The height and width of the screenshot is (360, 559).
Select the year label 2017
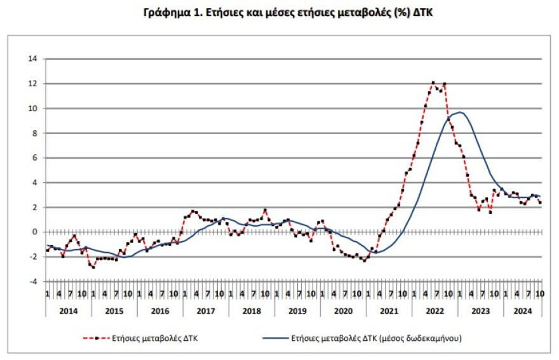click(206, 312)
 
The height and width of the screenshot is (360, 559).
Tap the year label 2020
click(343, 312)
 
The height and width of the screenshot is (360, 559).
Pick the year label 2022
click(435, 312)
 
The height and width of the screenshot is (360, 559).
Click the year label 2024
click(522, 312)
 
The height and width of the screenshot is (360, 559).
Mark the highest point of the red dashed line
click(433, 83)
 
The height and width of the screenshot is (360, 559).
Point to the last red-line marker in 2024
click(540, 203)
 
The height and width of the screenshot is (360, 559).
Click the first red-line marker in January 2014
click(47, 250)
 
